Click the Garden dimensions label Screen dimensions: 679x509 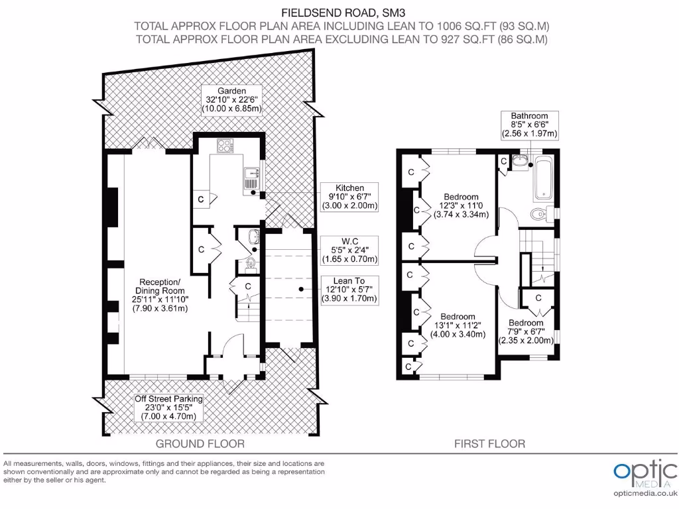coord(231,100)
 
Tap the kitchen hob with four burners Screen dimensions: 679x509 coord(225,145)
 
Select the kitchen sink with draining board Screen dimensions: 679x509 coord(251,179)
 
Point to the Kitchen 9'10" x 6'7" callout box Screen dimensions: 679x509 coord(349,197)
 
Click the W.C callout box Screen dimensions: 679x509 coord(349,250)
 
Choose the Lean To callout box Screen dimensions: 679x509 coord(349,290)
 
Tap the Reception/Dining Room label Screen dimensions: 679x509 coord(160,295)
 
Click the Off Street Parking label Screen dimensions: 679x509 coord(168,408)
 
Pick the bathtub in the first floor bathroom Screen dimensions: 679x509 coord(543,178)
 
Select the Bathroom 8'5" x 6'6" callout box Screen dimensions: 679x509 coord(530,125)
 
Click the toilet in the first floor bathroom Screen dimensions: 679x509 coord(541,213)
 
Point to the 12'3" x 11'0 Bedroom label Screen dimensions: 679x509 coord(462,205)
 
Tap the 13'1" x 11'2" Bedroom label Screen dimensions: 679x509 coord(458,325)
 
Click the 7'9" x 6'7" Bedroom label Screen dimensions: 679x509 coord(526,331)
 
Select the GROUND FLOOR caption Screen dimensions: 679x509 coord(200,443)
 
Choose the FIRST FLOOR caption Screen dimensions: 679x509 coord(490,443)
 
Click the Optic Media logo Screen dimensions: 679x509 coord(645,473)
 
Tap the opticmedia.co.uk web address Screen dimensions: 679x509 coord(645,493)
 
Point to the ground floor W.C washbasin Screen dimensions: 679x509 coord(252,237)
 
